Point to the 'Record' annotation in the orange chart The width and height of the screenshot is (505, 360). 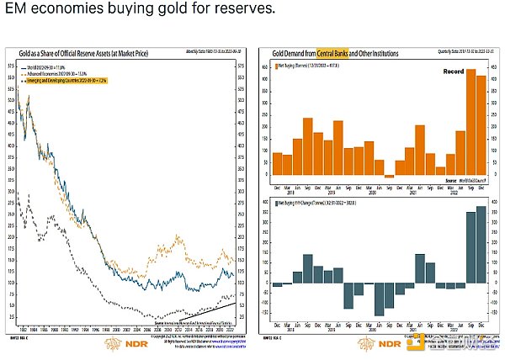click(454, 72)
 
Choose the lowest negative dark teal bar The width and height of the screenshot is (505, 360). click(380, 299)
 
